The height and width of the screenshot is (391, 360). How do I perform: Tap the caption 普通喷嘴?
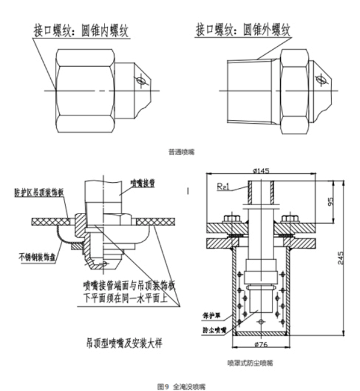[x=180, y=152]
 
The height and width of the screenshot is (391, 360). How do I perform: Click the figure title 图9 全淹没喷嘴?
[x=180, y=385]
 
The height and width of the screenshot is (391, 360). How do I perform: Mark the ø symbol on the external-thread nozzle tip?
[x=320, y=77]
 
